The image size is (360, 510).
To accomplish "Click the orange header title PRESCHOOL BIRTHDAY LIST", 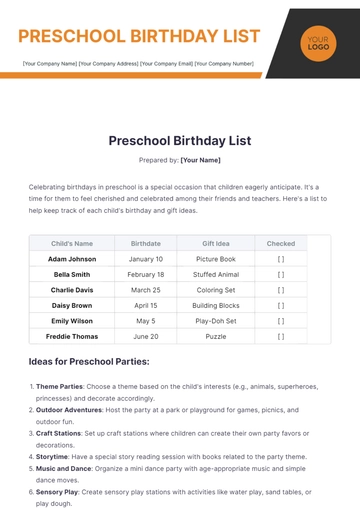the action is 139,37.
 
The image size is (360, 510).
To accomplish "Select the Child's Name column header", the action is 72,243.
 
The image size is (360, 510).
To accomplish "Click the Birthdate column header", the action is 145,243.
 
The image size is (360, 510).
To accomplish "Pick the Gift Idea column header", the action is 216,243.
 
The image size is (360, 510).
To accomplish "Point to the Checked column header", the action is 281,243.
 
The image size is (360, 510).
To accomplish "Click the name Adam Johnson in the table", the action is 72,258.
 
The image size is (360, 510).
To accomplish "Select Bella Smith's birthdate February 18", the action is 145,274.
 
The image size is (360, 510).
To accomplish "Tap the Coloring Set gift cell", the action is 216,290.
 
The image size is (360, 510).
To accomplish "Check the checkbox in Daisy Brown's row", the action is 281,305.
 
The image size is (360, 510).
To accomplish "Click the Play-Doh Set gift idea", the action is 216,321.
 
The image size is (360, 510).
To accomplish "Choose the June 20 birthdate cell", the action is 145,337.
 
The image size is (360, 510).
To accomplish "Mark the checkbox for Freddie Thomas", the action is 281,337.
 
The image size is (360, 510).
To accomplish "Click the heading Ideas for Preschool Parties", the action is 89,361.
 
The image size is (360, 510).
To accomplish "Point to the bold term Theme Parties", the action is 59,386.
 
